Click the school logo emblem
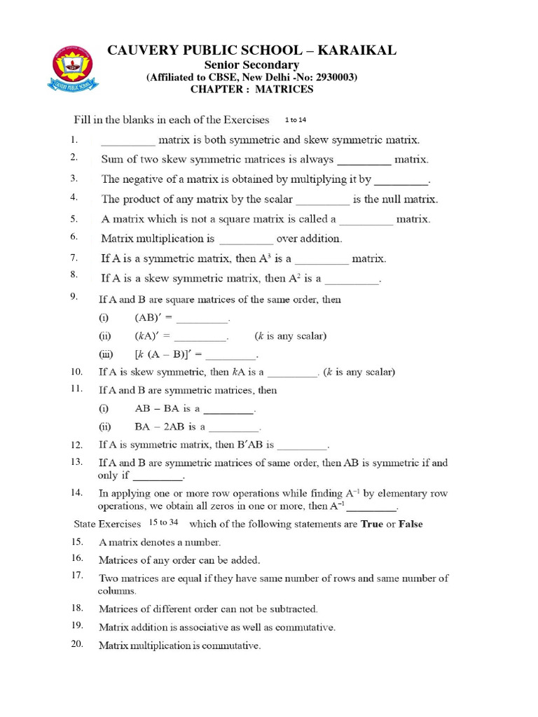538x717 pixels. coord(73,69)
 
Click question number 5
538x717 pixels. coord(74,218)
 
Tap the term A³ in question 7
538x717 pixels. coord(267,258)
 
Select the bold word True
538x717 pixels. coord(371,524)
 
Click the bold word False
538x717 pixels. coord(411,524)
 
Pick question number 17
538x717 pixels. coord(77,576)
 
